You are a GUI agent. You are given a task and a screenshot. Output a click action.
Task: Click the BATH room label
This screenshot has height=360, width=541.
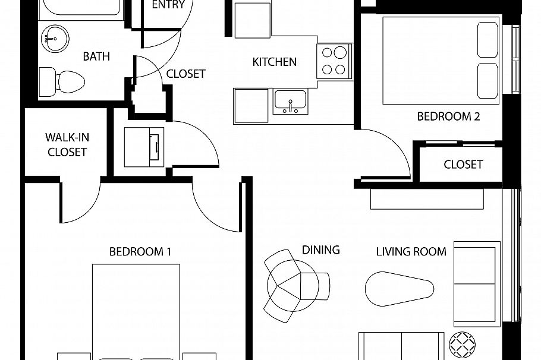pos(96,56)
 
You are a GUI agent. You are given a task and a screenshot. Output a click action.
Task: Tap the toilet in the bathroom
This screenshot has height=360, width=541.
pos(62,82)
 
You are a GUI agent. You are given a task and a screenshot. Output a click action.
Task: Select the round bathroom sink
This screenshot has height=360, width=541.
pos(55,38)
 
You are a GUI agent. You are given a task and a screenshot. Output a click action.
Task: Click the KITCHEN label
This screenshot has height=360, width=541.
pos(274,62)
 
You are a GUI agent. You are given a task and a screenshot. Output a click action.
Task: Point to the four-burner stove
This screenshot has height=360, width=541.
pos(334,61)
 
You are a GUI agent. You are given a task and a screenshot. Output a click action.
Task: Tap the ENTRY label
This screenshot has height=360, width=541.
pos(168,5)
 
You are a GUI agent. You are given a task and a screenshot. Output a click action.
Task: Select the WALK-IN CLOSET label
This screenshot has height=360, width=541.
pos(67,145)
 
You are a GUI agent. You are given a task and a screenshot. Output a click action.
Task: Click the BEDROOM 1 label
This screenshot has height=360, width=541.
pos(140,252)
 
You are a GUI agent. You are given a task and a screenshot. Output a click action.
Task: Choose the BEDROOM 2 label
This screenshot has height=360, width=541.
pos(448,116)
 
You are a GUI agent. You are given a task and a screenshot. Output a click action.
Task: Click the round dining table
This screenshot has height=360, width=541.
pos(293,286)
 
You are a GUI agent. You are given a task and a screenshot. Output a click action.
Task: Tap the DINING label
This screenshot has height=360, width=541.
pos(321,250)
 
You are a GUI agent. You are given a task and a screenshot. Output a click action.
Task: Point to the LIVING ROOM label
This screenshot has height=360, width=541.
pos(411,252)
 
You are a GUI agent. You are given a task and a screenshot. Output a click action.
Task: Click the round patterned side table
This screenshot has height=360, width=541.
pos(463,345)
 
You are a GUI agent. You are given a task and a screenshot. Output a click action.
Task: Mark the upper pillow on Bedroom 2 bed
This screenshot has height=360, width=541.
pos(488,40)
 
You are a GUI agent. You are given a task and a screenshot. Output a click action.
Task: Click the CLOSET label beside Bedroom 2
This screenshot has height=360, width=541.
pos(463,165)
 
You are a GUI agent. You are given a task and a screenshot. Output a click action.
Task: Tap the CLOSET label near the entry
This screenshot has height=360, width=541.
pos(186,74)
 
